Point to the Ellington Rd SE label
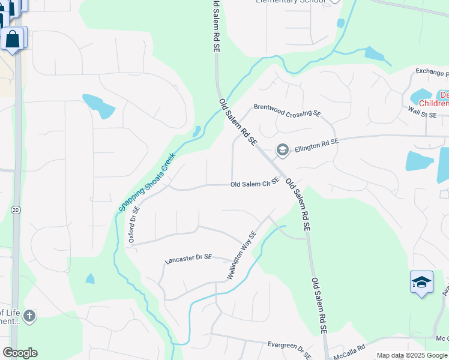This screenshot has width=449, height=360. point(316,142)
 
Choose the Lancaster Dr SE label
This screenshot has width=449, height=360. point(188,257)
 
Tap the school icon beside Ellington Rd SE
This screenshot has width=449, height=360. point(282,149)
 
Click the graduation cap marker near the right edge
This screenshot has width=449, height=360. point(421,282)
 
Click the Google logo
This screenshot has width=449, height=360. point(20,353)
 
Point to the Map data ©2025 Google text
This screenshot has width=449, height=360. point(412,355)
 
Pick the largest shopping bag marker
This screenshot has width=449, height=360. point(13,40)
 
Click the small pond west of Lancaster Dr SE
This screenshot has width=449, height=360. point(90,278)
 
